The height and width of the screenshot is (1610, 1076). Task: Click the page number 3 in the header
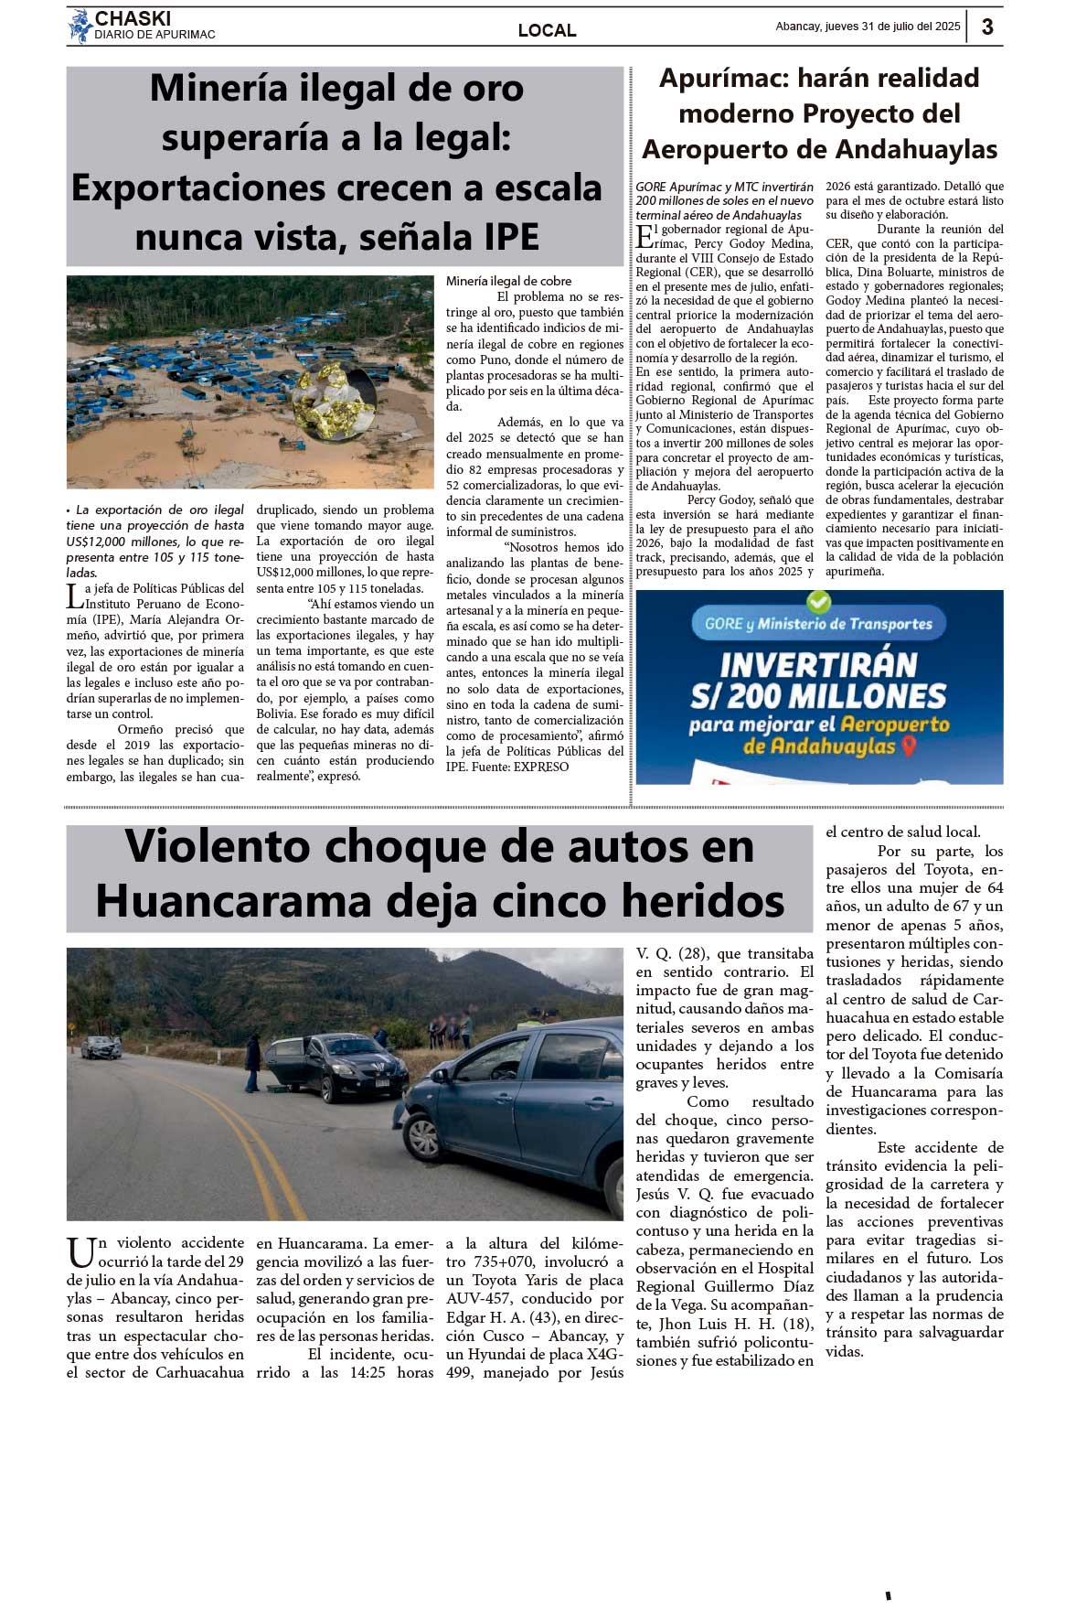[987, 27]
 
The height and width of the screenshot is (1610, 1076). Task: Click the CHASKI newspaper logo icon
[80, 26]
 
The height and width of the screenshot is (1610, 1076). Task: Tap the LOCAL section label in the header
[547, 30]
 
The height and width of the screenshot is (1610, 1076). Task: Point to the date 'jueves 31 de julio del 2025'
[891, 27]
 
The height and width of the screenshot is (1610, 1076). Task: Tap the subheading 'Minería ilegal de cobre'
[508, 281]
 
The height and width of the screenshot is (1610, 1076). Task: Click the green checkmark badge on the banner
[818, 601]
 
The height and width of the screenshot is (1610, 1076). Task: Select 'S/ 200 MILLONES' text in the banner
[818, 696]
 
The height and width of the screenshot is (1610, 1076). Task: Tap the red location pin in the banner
[908, 746]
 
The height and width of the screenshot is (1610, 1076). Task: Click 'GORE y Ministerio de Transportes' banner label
[818, 624]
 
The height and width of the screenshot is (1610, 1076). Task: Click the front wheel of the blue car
[424, 1137]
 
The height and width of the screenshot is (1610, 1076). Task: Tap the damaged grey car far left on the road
[101, 1047]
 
